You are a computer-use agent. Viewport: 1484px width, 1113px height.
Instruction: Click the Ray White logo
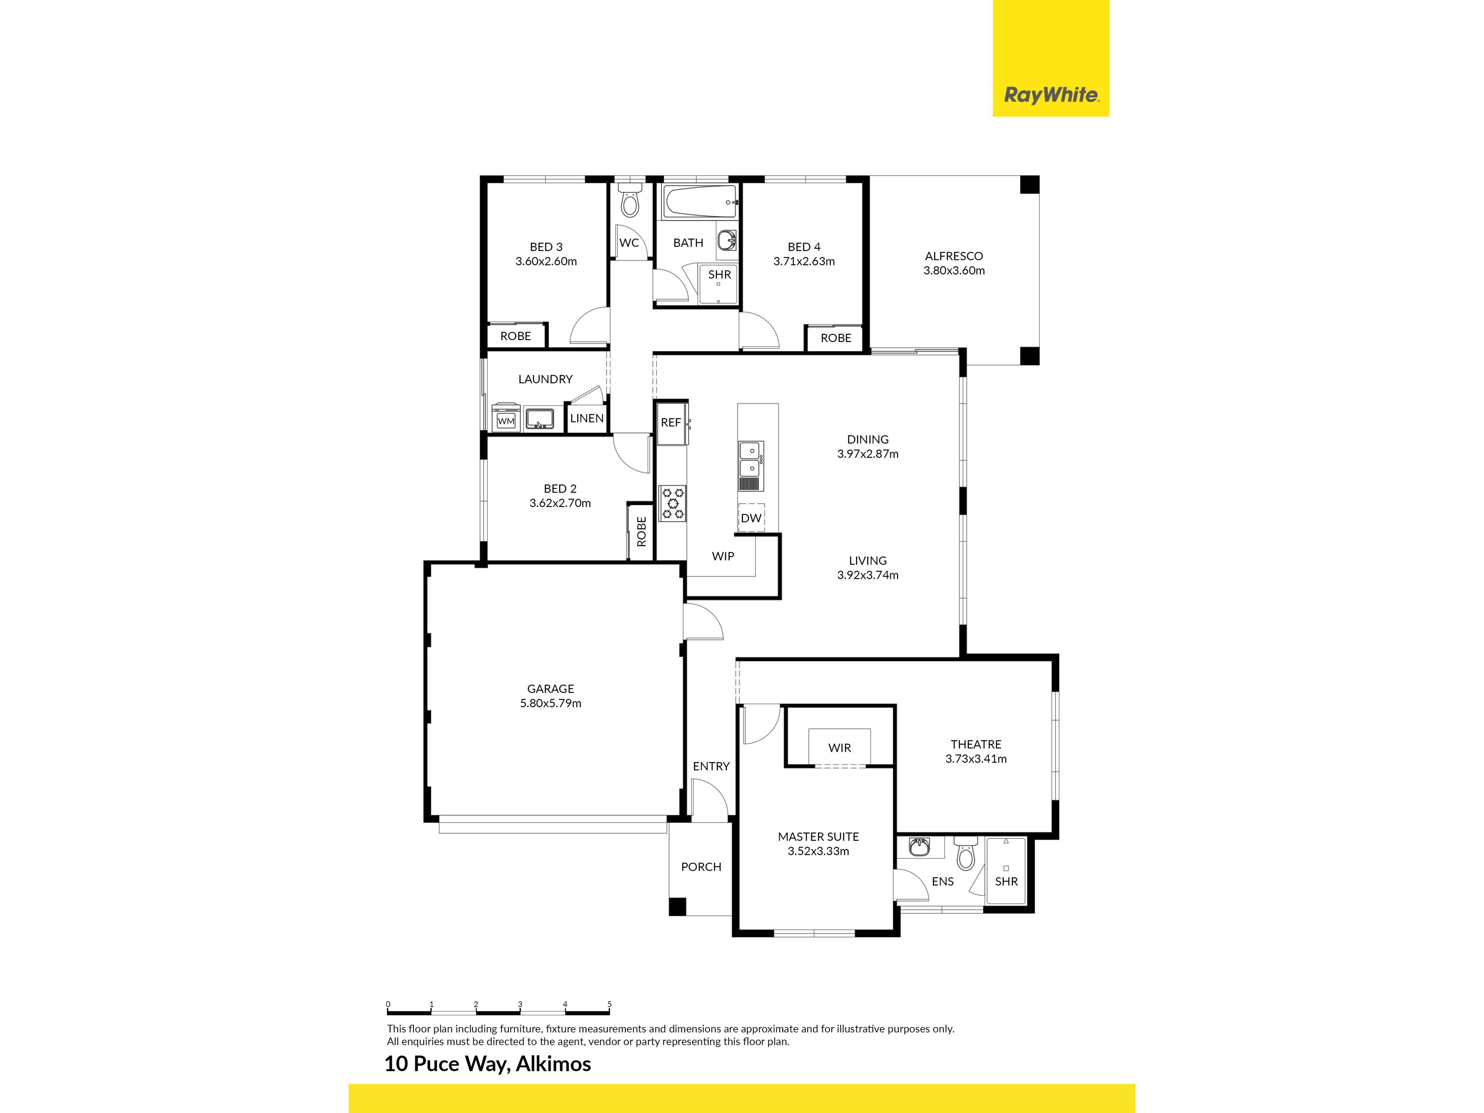click(x=1051, y=95)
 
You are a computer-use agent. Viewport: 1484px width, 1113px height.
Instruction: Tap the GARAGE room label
click(x=550, y=689)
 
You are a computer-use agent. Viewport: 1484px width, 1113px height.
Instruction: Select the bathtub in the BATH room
click(x=700, y=202)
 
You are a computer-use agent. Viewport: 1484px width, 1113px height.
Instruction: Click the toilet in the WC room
click(x=629, y=199)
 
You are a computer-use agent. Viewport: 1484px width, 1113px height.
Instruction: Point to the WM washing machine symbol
click(x=506, y=420)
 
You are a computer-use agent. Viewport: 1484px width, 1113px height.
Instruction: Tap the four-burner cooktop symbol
click(x=672, y=503)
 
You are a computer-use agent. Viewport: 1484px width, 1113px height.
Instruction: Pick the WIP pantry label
click(x=723, y=556)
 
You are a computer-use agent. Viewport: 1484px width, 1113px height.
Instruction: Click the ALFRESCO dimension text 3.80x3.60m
click(x=954, y=271)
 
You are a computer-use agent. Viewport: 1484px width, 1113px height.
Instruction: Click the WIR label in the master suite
click(x=839, y=748)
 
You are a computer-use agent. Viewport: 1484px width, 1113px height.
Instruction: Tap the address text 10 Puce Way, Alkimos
click(x=488, y=1064)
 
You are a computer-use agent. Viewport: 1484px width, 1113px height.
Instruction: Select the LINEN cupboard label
click(x=586, y=419)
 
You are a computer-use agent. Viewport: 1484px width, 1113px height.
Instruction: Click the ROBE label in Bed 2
click(x=642, y=531)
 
